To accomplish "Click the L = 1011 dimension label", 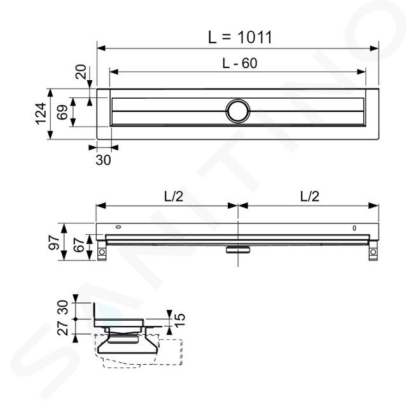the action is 240,37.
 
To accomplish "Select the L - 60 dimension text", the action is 240,64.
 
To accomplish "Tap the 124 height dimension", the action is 41,113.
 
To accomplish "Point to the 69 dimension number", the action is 62,112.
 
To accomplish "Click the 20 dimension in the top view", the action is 81,72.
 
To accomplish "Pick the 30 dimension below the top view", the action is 103,160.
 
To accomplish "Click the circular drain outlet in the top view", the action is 238,111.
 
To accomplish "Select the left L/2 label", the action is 174,197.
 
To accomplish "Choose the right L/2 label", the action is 309,197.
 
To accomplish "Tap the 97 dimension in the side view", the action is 54,242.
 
